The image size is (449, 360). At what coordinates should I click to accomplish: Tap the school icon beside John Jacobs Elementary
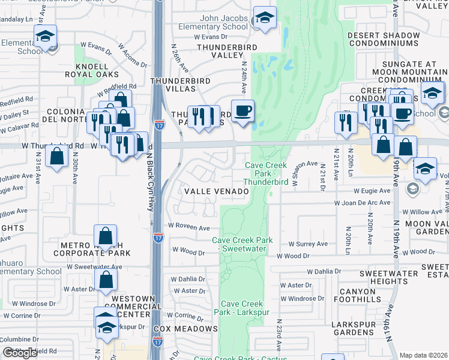[264, 19]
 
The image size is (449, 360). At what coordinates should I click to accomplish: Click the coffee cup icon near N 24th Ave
[243, 112]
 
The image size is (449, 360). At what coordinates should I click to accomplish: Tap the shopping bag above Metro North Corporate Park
[106, 237]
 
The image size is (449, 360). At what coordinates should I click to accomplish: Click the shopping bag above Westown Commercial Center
[106, 280]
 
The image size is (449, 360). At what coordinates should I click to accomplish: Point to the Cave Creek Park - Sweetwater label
[243, 244]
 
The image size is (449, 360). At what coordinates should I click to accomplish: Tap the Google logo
[20, 353]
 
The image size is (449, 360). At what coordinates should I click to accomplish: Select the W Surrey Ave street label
[308, 244]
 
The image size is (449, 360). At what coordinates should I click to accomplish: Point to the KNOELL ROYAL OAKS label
[91, 70]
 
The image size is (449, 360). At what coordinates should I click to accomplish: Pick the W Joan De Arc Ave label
[363, 203]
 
